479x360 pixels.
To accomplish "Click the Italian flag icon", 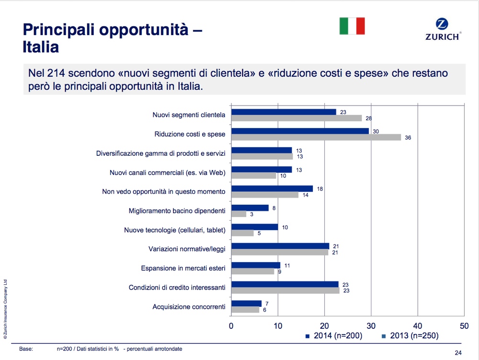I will point(352,26).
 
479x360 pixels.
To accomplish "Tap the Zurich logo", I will point(443,30).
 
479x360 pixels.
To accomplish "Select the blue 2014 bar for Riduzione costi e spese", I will point(300,131).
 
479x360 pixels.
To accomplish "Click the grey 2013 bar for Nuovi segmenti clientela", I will point(296,118).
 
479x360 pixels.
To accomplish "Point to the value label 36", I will point(408,138).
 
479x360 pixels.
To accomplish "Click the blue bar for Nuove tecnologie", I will point(254,227).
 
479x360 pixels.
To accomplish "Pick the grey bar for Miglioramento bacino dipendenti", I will point(239,214).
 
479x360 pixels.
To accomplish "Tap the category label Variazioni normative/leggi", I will point(187,249).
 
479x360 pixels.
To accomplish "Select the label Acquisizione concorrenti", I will point(189,307).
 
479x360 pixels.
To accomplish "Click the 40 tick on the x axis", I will point(417,325).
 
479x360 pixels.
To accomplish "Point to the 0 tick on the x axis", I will point(231,325).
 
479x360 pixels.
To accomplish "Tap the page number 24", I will point(458,353).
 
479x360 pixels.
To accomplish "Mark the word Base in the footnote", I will point(26,349).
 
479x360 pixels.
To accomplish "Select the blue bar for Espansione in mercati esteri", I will point(256,265).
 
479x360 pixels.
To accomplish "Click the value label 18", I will point(320,189).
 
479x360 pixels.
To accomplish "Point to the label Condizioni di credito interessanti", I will point(177,288).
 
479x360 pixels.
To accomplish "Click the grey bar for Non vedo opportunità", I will point(264,195).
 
